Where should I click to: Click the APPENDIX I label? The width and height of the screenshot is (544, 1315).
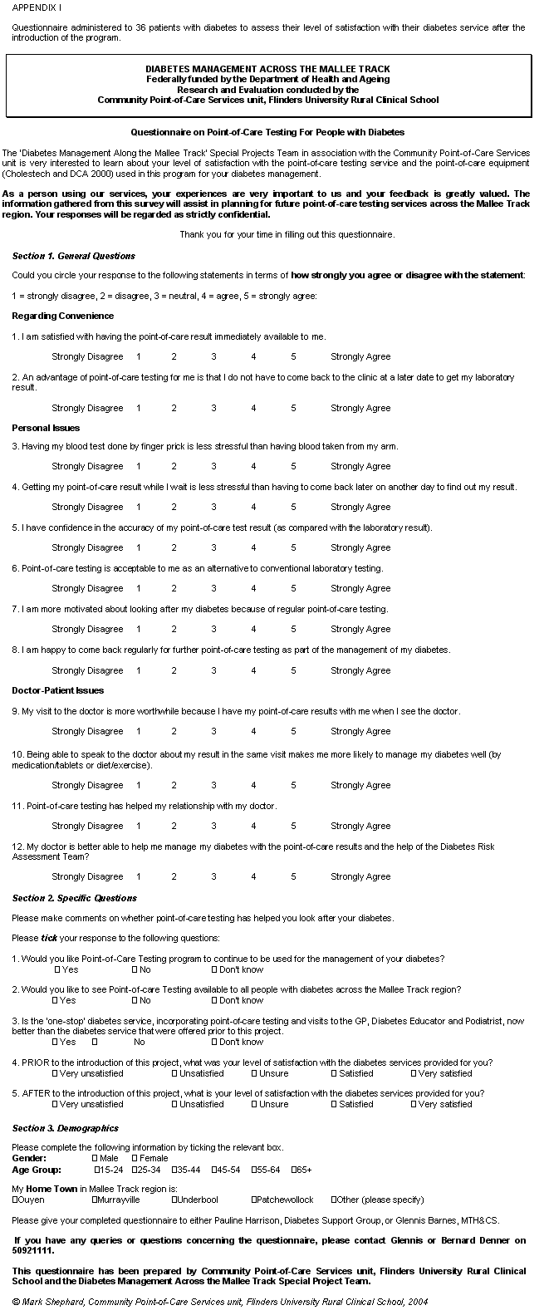click(37, 7)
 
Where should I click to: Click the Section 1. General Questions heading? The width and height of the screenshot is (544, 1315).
click(73, 256)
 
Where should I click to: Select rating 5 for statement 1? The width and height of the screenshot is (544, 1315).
click(293, 356)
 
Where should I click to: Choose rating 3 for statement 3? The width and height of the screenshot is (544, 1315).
click(213, 466)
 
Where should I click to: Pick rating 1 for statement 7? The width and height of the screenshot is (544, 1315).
click(138, 629)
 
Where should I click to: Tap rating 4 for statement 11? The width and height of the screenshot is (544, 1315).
click(253, 826)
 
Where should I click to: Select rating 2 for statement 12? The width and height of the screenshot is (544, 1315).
click(174, 876)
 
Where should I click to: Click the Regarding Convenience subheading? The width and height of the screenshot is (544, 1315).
click(63, 316)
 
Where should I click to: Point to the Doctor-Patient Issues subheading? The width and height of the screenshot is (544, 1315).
click(58, 690)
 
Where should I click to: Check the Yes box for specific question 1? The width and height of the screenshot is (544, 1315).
click(57, 969)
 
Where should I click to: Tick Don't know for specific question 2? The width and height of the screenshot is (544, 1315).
click(214, 1000)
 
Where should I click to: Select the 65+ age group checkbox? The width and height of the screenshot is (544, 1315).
click(294, 1170)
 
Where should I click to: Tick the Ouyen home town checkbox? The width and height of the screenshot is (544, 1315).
click(15, 1200)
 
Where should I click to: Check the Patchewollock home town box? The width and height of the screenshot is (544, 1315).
click(254, 1200)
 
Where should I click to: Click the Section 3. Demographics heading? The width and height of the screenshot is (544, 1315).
click(65, 1128)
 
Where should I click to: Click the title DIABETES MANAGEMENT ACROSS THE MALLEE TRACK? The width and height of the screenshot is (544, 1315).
click(267, 69)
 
